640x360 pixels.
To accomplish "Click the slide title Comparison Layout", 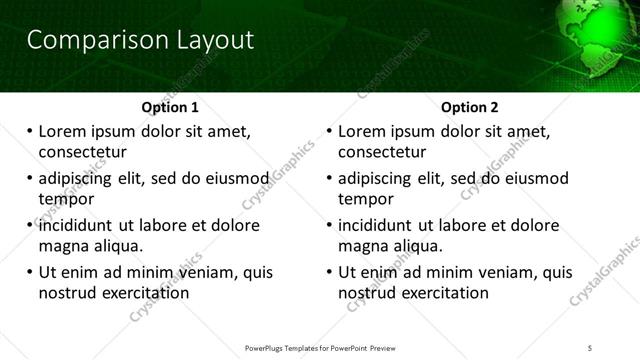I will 140,40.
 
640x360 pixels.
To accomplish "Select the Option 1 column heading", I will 170,107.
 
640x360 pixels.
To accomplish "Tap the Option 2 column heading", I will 470,107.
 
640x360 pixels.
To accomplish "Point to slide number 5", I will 590,346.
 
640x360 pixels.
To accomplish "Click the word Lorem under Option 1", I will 63,131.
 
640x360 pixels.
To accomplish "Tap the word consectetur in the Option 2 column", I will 382,152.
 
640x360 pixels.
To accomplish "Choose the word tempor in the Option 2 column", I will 366,199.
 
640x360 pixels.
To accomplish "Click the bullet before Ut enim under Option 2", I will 330,272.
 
